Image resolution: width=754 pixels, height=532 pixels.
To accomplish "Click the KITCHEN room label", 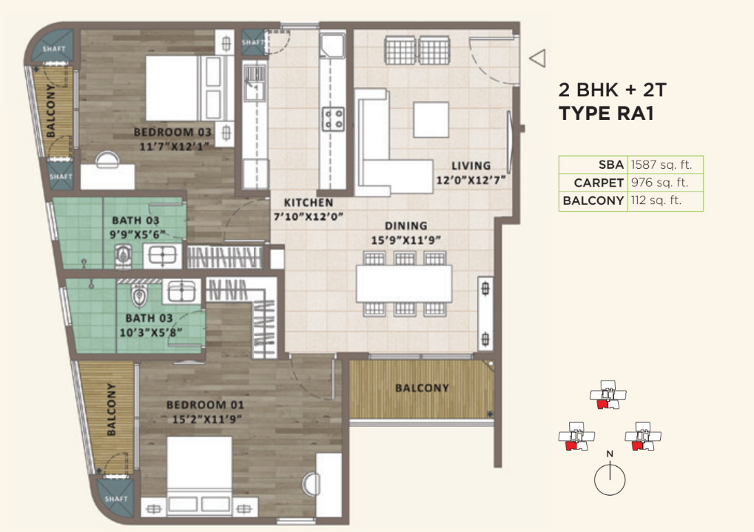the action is [309, 203].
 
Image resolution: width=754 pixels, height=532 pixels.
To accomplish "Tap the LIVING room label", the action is [471, 166].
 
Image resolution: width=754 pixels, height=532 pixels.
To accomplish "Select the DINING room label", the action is [405, 226].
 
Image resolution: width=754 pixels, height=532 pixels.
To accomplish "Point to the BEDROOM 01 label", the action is [205, 405].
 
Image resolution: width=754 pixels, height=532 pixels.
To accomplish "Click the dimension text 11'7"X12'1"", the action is [174, 147].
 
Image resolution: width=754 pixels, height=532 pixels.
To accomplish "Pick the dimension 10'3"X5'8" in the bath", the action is [150, 332].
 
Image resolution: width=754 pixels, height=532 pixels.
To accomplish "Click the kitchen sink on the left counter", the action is [255, 84].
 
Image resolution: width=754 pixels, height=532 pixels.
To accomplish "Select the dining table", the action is [404, 283].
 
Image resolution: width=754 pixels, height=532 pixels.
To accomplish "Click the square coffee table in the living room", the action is [431, 119].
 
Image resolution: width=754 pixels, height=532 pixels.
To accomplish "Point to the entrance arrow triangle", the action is [538, 58].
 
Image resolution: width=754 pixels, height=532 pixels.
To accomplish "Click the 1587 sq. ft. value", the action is [662, 165].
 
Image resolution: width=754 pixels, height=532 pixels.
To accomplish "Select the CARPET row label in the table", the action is [599, 183].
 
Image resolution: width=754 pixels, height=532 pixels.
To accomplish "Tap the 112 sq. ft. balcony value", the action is [656, 201].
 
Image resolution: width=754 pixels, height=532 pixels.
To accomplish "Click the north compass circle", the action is [610, 479].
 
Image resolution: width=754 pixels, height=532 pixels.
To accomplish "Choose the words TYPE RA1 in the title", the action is [606, 113].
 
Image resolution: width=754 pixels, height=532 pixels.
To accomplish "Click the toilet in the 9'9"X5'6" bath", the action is [123, 255].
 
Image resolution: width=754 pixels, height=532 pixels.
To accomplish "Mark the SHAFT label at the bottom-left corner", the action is [116, 499].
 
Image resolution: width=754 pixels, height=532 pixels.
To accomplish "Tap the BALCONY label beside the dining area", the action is [422, 388].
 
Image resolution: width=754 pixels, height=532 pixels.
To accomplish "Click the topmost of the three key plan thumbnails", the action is [608, 395].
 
